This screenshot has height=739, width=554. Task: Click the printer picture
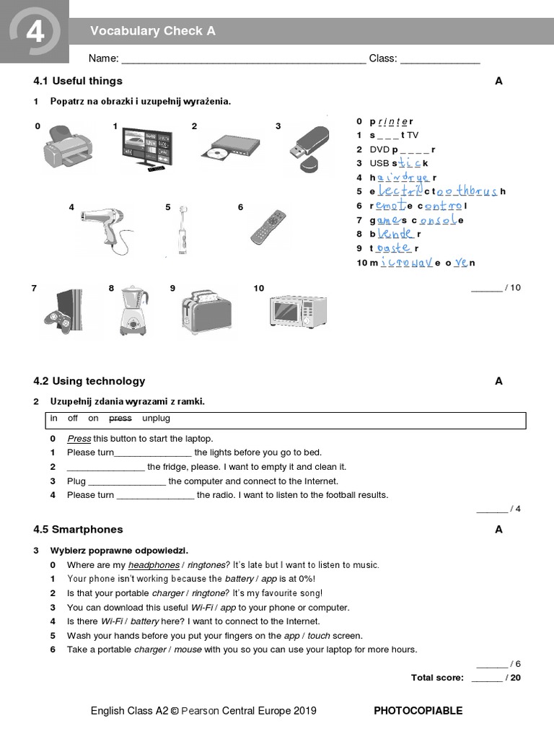pyautogui.click(x=68, y=145)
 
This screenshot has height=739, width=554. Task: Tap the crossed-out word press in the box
pyautogui.click(x=120, y=419)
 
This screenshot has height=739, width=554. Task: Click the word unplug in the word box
pyautogui.click(x=156, y=419)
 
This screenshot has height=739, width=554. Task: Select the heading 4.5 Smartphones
pyautogui.click(x=78, y=529)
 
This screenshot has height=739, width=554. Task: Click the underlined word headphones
pyautogui.click(x=154, y=565)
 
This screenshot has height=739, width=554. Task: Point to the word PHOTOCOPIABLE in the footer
pyautogui.click(x=418, y=710)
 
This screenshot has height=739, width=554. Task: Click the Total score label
pyautogui.click(x=439, y=678)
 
